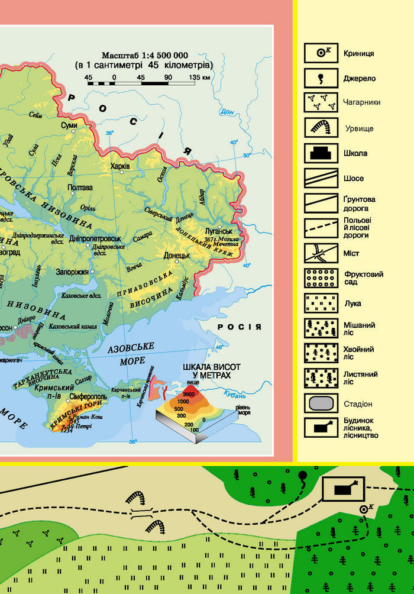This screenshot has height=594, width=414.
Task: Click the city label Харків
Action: (x=120, y=166)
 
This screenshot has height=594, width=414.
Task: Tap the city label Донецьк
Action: (x=177, y=256)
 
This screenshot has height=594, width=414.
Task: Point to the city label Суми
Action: (x=69, y=125)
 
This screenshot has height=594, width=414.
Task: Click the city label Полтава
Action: (x=81, y=188)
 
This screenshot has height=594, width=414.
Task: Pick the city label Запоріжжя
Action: (x=74, y=272)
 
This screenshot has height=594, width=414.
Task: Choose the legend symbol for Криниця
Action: (x=321, y=53)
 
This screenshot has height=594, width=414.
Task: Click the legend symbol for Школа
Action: (x=321, y=153)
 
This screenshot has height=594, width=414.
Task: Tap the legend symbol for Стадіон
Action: (x=321, y=403)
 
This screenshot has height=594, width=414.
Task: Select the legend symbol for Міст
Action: (x=321, y=253)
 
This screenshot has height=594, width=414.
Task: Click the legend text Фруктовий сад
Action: (x=364, y=278)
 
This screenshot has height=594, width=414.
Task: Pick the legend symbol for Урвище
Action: (x=321, y=128)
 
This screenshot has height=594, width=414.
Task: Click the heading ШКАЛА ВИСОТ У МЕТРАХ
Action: (x=207, y=371)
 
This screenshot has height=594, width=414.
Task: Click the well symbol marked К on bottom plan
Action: (x=363, y=508)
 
